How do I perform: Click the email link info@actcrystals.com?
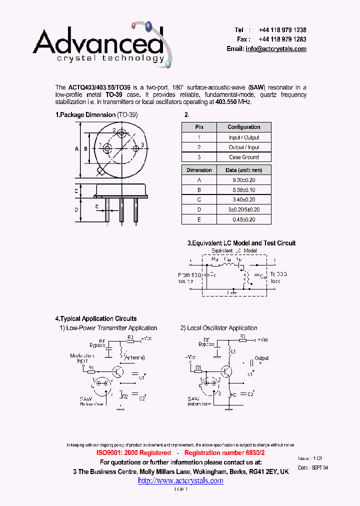point(276,49)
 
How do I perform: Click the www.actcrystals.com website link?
point(180,480)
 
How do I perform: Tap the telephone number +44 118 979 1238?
point(282,30)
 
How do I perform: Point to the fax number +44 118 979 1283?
point(282,39)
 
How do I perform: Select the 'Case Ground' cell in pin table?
point(244,157)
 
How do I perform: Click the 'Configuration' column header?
point(244,127)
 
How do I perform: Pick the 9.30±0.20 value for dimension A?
point(244,180)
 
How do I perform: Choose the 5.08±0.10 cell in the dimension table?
point(244,190)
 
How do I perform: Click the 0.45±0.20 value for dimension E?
point(244,219)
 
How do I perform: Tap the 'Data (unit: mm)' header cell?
point(244,170)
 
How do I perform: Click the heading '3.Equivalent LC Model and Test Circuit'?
point(241,243)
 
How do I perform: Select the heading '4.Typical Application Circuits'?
point(95,318)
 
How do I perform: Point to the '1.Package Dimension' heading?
point(85,115)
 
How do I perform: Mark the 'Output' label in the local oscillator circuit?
point(261,358)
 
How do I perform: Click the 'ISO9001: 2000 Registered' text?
point(133,452)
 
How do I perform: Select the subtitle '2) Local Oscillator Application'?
point(219,328)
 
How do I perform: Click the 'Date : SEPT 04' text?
point(312,467)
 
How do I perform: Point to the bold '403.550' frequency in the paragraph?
point(225,101)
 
